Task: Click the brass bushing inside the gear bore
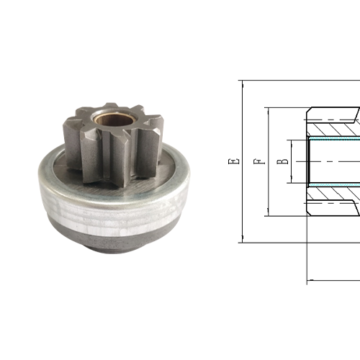(x=112, y=119)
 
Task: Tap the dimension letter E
(x=233, y=161)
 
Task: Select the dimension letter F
(x=259, y=161)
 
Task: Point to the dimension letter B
(x=282, y=161)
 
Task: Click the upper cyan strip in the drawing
(x=335, y=138)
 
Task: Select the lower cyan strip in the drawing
(x=335, y=184)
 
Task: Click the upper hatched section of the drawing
(x=333, y=130)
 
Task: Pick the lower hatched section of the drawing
(x=333, y=193)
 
